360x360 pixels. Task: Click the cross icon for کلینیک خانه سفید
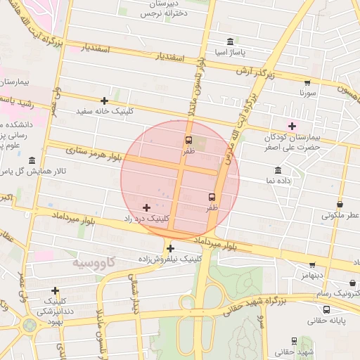[105, 101]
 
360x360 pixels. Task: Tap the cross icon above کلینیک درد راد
[146, 207]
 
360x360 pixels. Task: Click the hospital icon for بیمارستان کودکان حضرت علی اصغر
[292, 106]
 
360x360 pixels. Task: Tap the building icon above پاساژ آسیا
[231, 41]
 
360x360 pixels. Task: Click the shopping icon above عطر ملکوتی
[340, 203]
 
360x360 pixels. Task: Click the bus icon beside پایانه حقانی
[326, 309]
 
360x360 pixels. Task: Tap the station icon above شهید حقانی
[294, 341]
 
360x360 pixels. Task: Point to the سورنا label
[308, 92]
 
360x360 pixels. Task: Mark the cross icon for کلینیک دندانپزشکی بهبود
[55, 290]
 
